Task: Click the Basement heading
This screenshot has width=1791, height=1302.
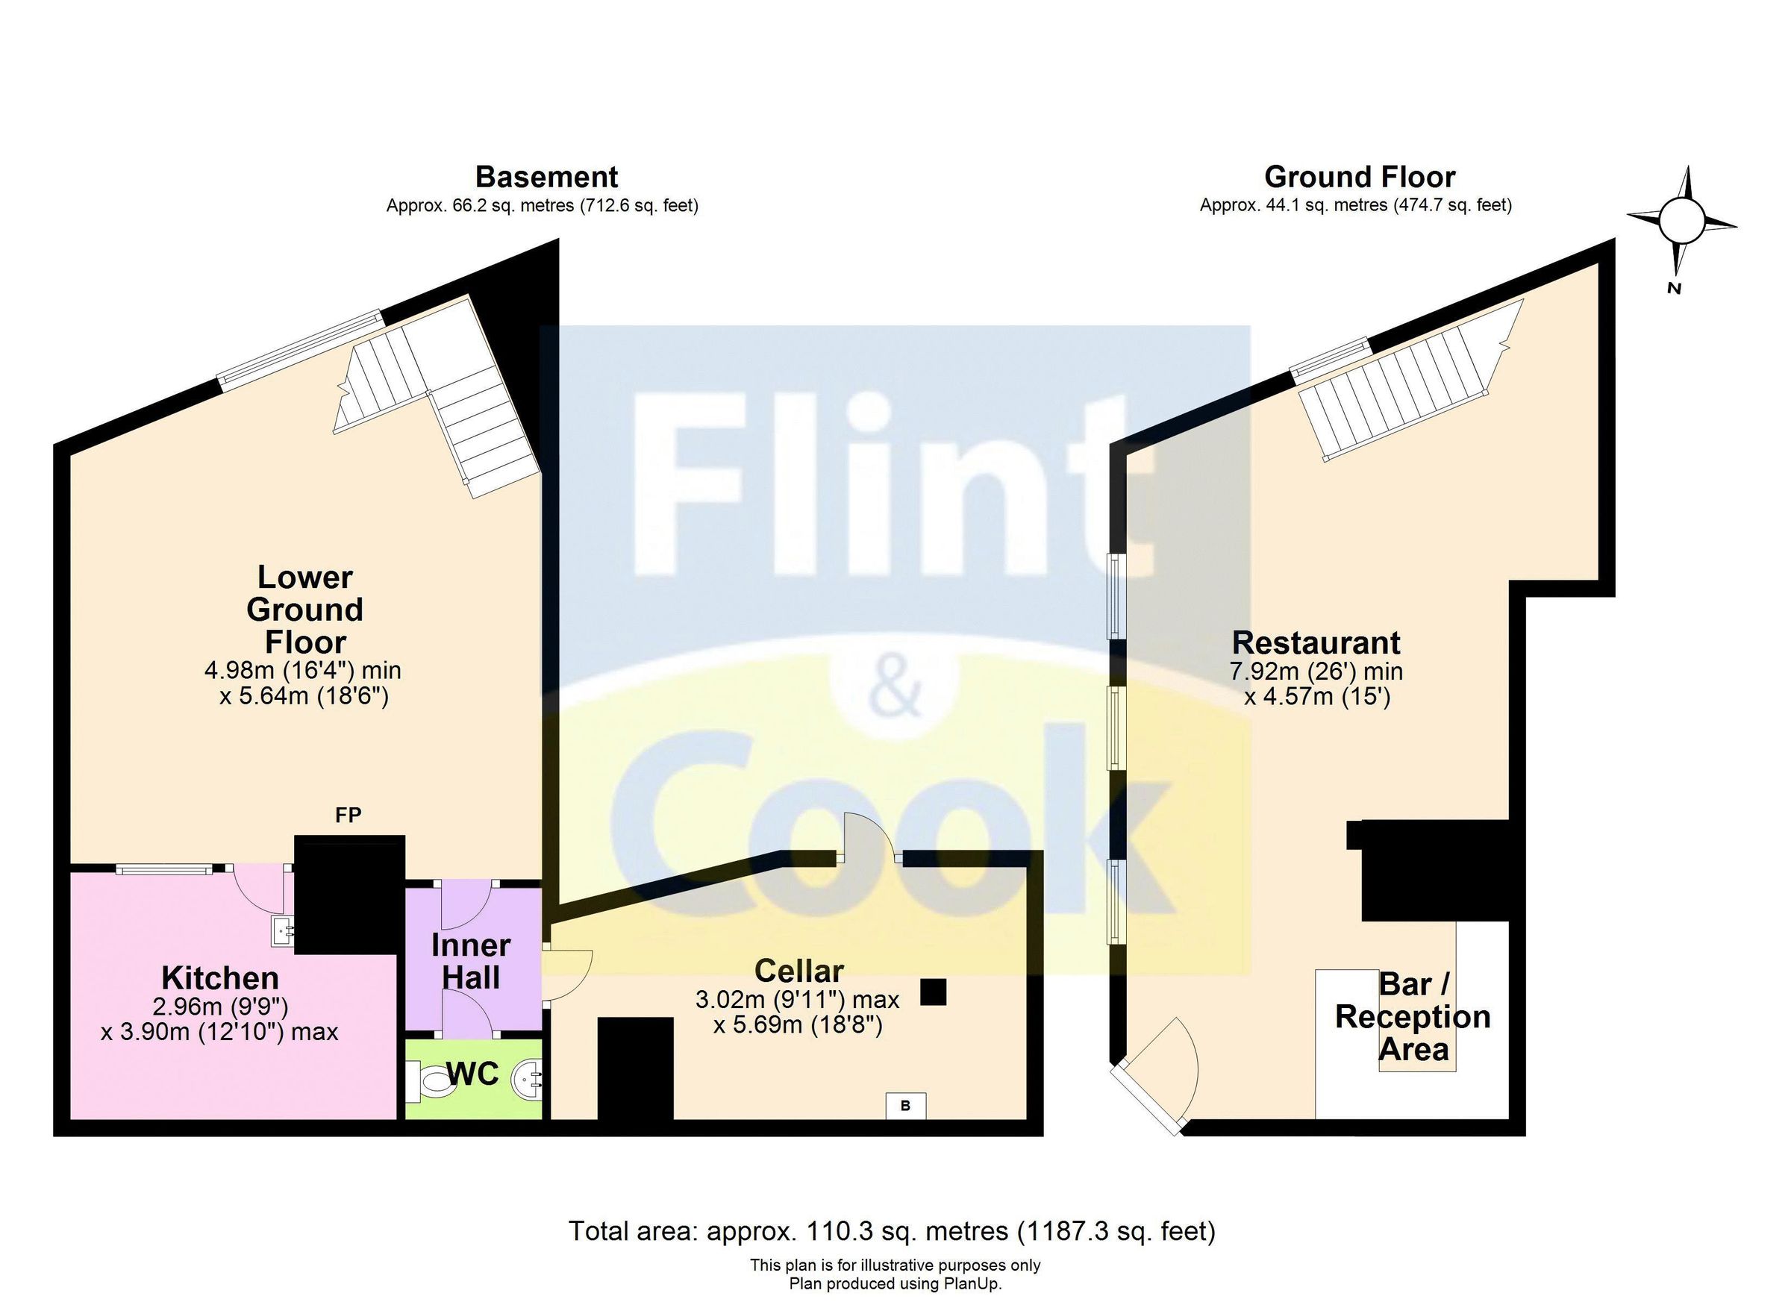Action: (546, 176)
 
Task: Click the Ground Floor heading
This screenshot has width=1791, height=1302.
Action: (1360, 176)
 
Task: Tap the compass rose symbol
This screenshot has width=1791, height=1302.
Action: (1681, 222)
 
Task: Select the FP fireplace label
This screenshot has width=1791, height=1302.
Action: (348, 816)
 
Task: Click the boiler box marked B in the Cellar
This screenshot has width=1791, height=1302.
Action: (905, 1107)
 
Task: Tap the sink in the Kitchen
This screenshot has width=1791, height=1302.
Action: (282, 932)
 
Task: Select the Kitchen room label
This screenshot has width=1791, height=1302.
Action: (220, 978)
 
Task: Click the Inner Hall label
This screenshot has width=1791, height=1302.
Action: (472, 961)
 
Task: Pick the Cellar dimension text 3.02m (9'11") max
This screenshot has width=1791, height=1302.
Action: (797, 1000)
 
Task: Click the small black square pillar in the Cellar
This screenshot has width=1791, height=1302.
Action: (934, 992)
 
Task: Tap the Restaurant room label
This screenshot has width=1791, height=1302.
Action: (1316, 642)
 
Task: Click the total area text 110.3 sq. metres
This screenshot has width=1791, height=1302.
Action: (893, 1231)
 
